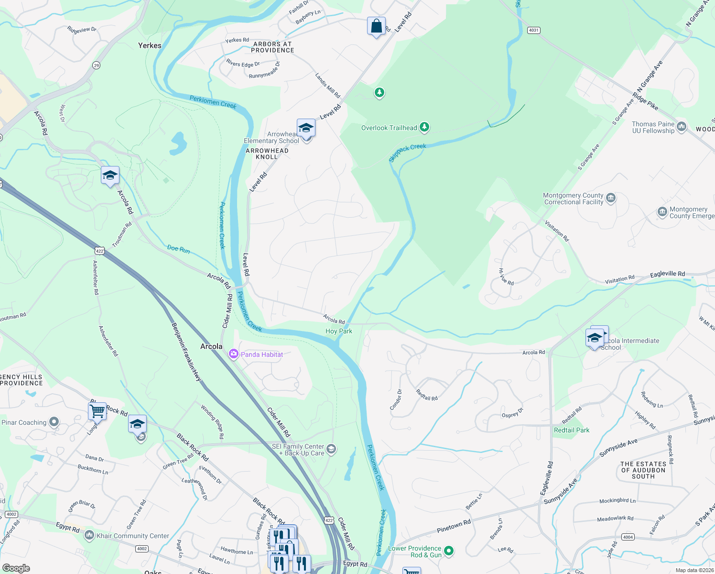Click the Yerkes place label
(x=150, y=45)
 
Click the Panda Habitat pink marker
(x=234, y=354)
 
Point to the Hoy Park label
(x=338, y=331)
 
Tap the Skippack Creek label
(x=407, y=153)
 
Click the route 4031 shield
(x=533, y=30)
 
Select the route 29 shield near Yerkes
(x=97, y=66)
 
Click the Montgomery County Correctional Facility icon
(x=610, y=198)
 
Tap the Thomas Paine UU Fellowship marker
(x=682, y=127)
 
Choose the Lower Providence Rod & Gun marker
(x=449, y=551)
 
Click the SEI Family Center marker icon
(x=332, y=449)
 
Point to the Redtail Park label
(x=571, y=430)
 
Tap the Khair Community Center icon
(x=89, y=535)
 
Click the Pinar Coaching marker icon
(x=54, y=422)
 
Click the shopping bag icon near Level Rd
(x=376, y=26)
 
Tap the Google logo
(x=16, y=568)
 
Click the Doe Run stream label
(x=178, y=248)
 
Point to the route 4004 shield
(x=628, y=537)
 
